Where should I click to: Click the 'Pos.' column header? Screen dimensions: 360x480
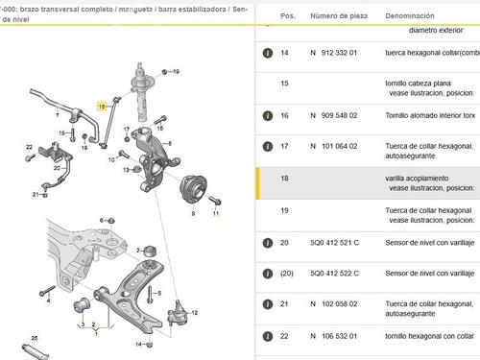[x=287, y=17]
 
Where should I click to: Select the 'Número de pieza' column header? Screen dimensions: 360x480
[x=337, y=17]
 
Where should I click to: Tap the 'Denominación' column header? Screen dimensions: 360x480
[x=417, y=17]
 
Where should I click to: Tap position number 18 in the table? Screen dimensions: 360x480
[x=284, y=180]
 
